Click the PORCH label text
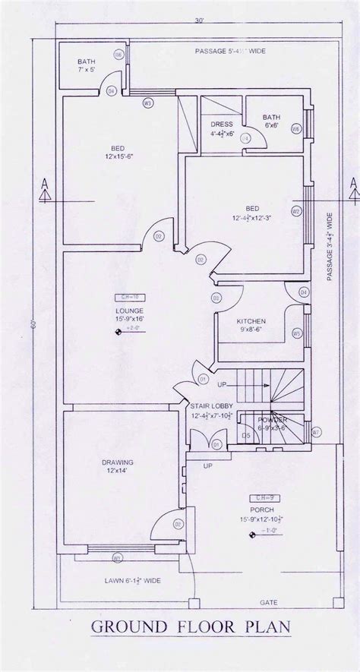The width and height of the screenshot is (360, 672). tap(261, 510)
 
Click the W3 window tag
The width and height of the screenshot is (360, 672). tap(147, 102)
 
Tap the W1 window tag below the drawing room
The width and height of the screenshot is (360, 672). tap(118, 560)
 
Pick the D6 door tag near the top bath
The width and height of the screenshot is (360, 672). tap(118, 55)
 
